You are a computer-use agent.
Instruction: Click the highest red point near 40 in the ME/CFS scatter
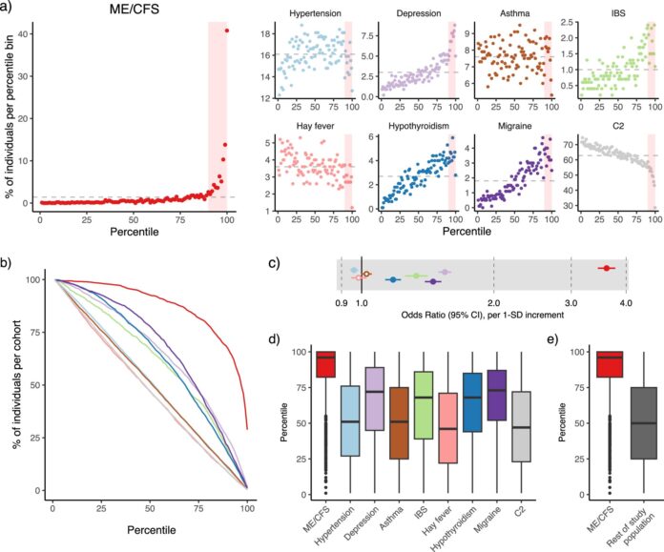pos(227,31)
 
